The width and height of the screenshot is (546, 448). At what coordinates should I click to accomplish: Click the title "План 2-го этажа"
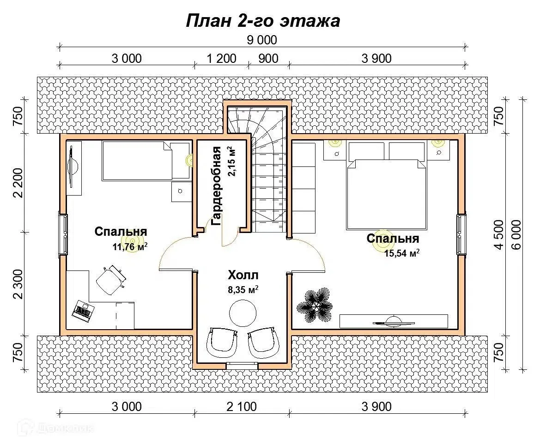(x=263, y=21)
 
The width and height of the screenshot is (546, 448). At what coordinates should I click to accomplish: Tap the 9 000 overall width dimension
(x=262, y=40)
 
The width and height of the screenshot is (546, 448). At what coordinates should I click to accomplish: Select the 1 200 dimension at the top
(x=222, y=58)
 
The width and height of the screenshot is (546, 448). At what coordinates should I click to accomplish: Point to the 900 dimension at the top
(x=268, y=58)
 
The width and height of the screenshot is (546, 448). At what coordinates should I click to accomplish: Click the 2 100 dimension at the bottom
(x=242, y=406)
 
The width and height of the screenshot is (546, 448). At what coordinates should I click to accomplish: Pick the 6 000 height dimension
(x=517, y=234)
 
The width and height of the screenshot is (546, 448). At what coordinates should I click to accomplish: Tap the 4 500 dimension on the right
(x=498, y=234)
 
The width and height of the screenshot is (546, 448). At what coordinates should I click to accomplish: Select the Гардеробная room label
(x=216, y=186)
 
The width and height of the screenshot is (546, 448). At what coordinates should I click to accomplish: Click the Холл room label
(x=243, y=275)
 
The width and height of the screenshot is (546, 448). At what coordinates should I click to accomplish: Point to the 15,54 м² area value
(x=401, y=253)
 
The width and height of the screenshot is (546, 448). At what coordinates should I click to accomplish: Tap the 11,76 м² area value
(x=129, y=246)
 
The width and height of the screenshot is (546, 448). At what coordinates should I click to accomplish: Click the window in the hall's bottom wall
(x=242, y=366)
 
